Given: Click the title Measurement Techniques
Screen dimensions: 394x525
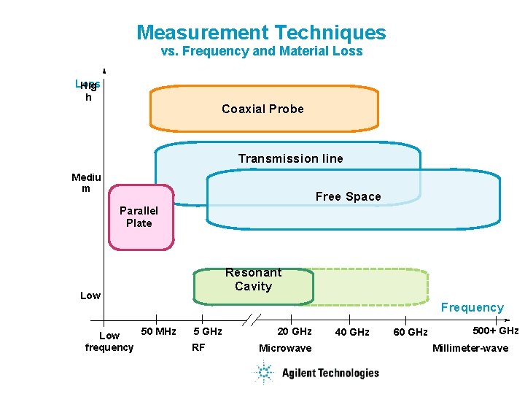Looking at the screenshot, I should click(261, 33).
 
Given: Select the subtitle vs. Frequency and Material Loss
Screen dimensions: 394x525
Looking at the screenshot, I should click(261, 52).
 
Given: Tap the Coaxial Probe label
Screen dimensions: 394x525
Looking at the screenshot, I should click(262, 109).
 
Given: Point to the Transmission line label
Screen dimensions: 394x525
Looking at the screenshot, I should click(290, 158).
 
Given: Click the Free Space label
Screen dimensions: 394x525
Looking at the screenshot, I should click(348, 196).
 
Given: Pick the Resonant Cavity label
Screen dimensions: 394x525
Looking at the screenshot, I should click(253, 279).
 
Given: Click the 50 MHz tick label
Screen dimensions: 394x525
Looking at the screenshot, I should click(158, 332).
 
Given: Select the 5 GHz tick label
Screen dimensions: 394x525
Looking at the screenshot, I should click(207, 332).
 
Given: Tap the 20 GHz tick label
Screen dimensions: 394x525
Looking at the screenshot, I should click(295, 332).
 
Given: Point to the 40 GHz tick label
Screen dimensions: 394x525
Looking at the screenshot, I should click(351, 333).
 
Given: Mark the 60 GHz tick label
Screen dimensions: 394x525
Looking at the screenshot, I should click(411, 333).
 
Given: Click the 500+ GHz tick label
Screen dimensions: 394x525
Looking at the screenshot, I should click(496, 331).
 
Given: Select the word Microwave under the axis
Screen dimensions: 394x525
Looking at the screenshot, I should click(285, 348).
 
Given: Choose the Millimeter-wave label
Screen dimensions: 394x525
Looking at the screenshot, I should click(470, 348).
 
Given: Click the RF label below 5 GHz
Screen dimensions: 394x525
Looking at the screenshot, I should click(198, 347).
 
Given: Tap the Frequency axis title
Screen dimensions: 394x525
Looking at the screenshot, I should click(472, 308).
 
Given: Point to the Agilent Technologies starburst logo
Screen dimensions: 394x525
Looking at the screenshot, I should click(262, 373).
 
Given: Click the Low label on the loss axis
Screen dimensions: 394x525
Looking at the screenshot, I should click(90, 295).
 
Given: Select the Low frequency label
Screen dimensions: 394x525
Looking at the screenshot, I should click(109, 341).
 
